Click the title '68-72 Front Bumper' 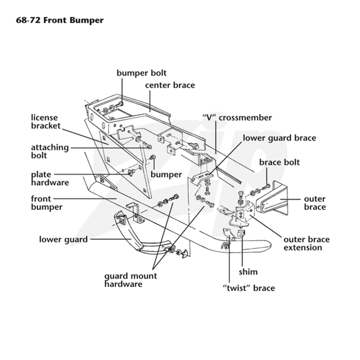tap(60, 20)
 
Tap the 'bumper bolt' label tap(141, 73)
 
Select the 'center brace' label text tap(170, 85)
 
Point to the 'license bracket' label tap(46, 121)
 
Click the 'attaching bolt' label tap(50, 151)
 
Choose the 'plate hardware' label tap(50, 178)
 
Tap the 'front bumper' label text tap(47, 203)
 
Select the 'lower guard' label tap(63, 239)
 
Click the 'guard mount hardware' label tap(130, 280)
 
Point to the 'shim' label tap(248, 272)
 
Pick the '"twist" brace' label tap(249, 288)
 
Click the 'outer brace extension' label tap(306, 243)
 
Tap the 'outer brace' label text tap(315, 203)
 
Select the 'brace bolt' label tap(279, 162)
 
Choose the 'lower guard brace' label tap(279, 138)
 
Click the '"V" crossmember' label tap(237, 117)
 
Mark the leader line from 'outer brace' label tap(290, 199)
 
